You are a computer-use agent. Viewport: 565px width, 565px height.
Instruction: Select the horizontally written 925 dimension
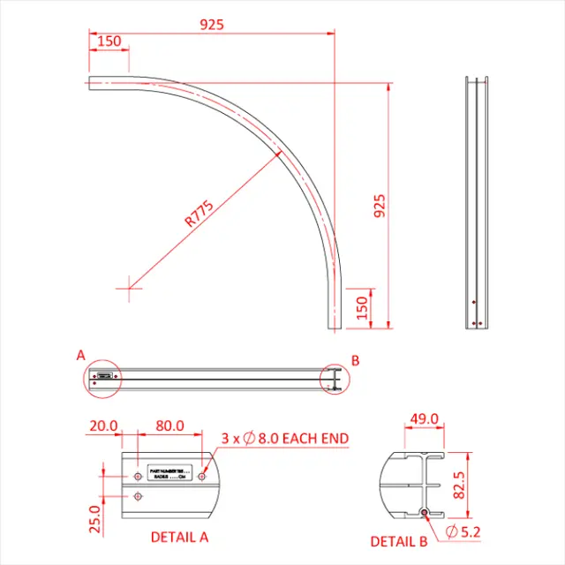[x=211, y=25]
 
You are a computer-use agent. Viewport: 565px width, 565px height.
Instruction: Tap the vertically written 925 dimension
[x=380, y=205]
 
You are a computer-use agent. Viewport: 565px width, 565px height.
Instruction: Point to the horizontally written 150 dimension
[x=109, y=41]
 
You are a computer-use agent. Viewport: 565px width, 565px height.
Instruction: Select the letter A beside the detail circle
[x=80, y=356]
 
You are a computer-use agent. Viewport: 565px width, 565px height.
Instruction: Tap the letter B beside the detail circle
[x=356, y=360]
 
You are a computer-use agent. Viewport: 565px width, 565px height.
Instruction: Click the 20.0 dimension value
[x=102, y=426]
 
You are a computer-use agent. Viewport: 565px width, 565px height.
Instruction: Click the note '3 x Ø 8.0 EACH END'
[x=284, y=438]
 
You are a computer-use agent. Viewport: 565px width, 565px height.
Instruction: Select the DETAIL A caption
[x=179, y=536]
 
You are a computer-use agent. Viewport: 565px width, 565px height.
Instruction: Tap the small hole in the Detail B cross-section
[x=425, y=513]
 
